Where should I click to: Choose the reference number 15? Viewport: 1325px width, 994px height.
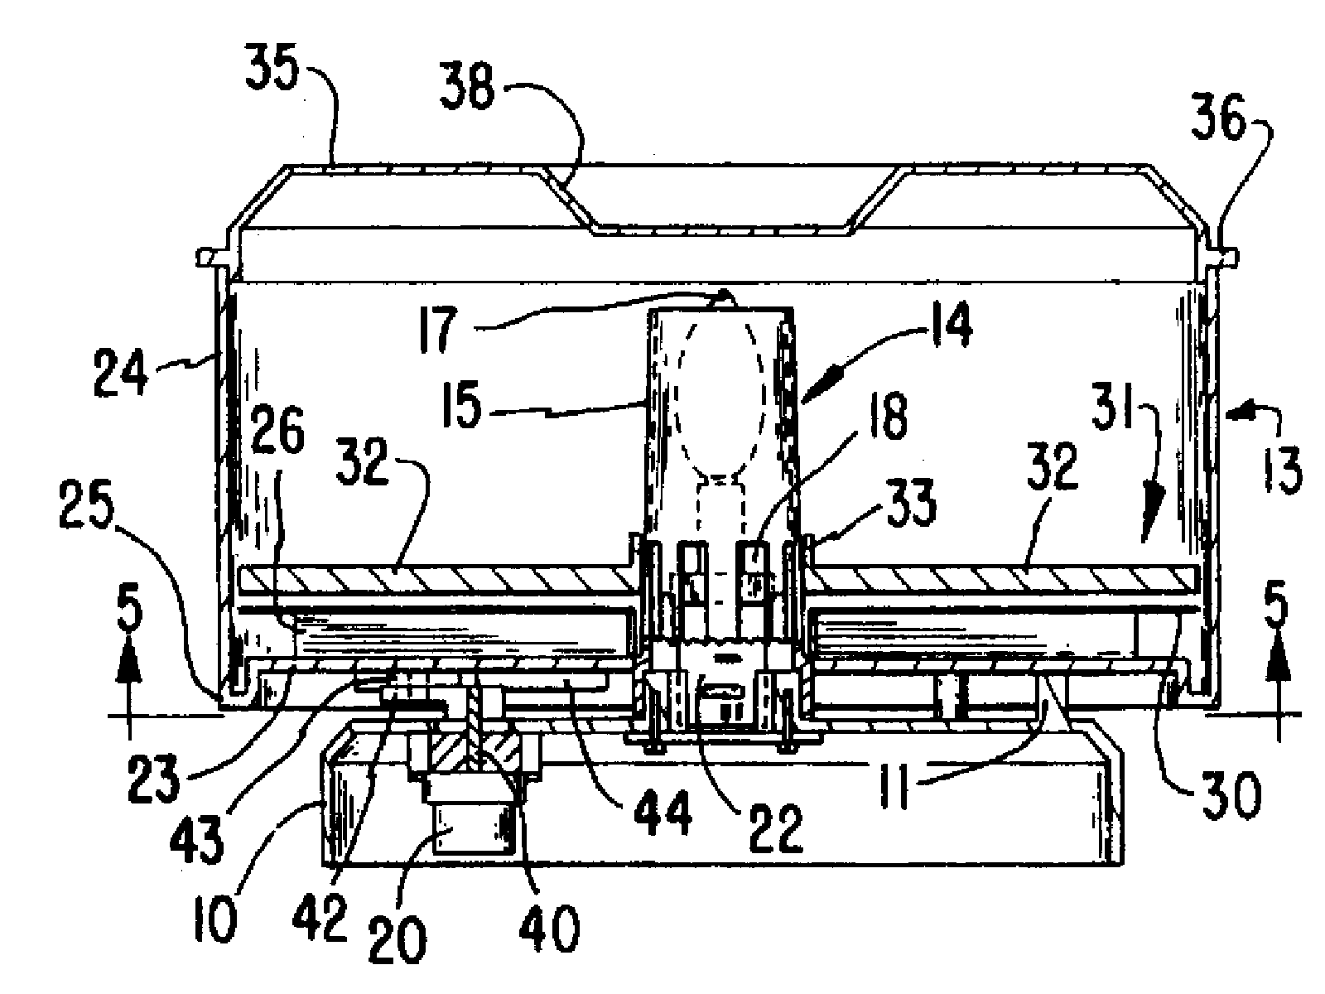462,405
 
